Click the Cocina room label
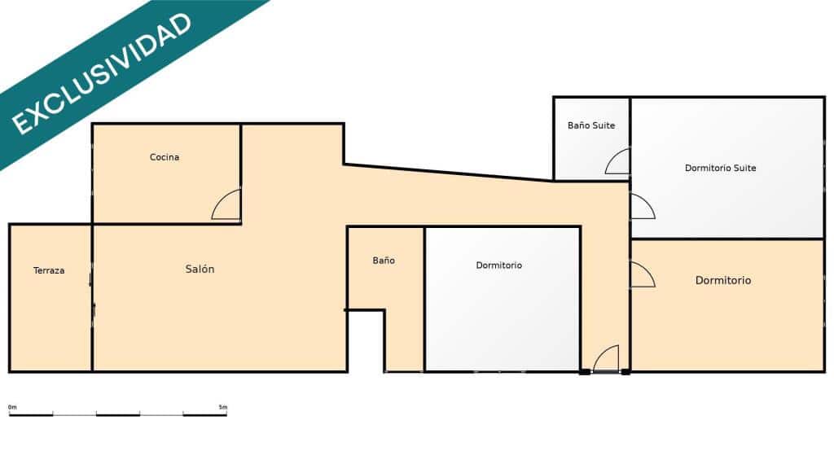tap(165, 157)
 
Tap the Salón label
tap(200, 270)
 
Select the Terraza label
tap(49, 270)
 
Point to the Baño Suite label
tap(591, 125)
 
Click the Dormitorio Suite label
tap(720, 169)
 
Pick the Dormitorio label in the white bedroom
tap(499, 265)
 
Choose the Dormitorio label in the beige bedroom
tap(723, 280)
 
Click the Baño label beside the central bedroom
tap(384, 261)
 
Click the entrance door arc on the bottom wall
tap(606, 357)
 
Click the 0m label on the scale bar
tap(12, 406)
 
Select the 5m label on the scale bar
tap(223, 406)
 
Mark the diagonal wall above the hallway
tap(448, 173)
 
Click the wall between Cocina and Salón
tap(167, 223)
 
